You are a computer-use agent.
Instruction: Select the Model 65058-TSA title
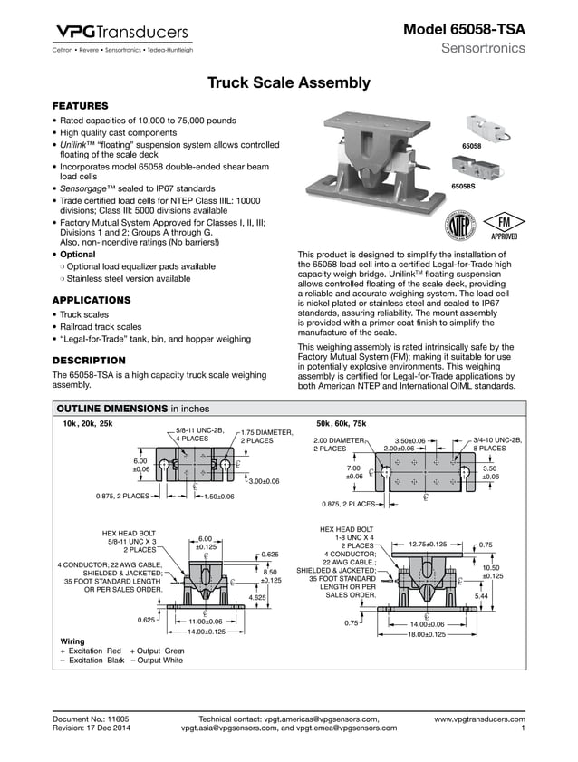coord(464,30)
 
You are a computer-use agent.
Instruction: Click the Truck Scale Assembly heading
coord(289,83)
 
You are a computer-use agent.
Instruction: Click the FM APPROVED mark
coord(502,226)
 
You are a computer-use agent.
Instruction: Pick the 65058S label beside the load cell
coord(465,187)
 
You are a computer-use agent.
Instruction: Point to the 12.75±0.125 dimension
coord(428,544)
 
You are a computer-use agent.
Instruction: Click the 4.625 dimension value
coord(258,598)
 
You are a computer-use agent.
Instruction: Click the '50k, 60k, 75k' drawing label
coord(341,423)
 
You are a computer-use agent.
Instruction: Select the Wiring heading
coord(72,641)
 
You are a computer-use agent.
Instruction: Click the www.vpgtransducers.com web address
coord(479,719)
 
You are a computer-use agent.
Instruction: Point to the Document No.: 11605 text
coord(91,719)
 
